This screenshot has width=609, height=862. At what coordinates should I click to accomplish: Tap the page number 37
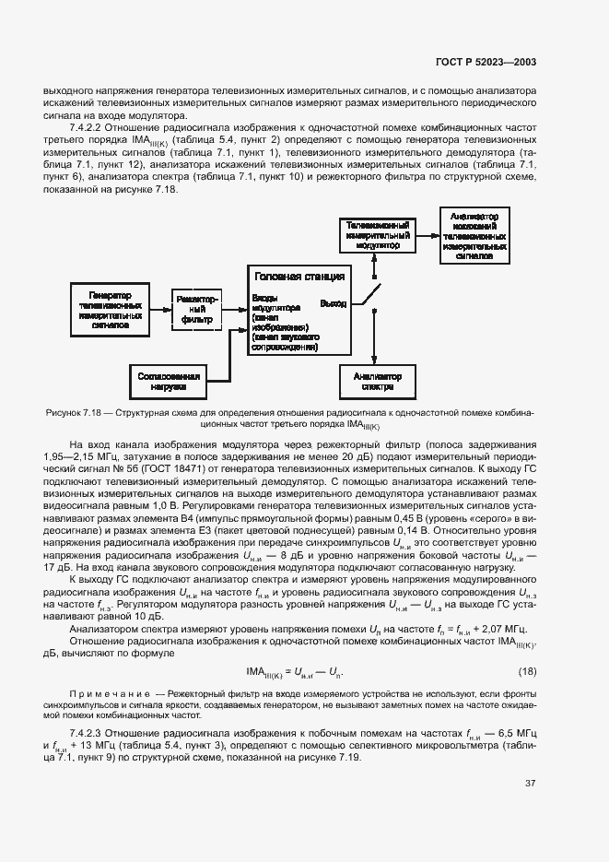pyautogui.click(x=530, y=783)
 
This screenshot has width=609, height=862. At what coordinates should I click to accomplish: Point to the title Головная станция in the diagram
pyautogui.click(x=299, y=277)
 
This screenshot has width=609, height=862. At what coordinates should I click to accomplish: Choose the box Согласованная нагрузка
pyautogui.click(x=168, y=382)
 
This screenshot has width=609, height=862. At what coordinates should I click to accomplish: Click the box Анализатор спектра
pyautogui.click(x=371, y=382)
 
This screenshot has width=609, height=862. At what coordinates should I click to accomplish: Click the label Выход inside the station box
pyautogui.click(x=333, y=303)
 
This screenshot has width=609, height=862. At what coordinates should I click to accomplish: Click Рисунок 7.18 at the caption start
pyautogui.click(x=76, y=414)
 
